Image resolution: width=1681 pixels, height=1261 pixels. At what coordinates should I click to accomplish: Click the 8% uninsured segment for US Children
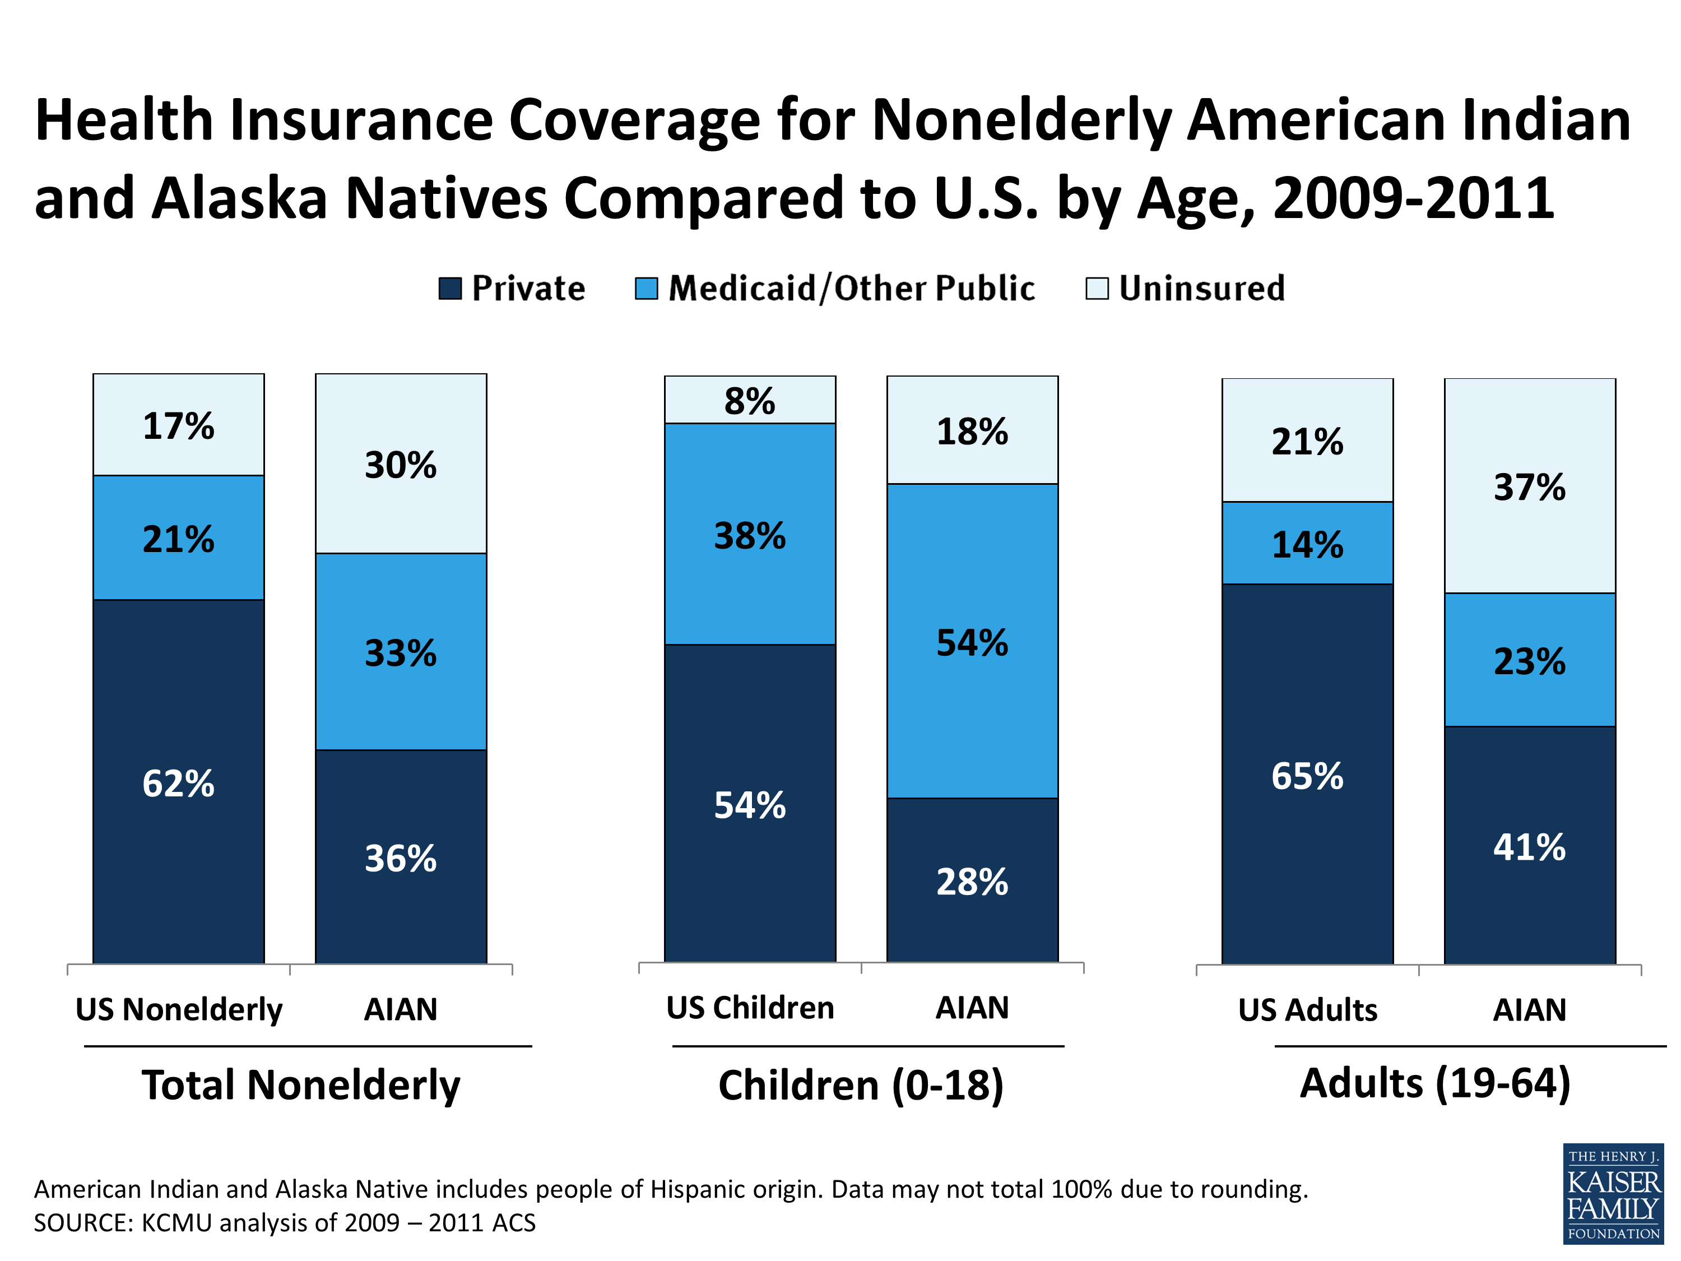749,401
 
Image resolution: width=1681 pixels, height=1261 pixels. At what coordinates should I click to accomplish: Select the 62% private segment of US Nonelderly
179,783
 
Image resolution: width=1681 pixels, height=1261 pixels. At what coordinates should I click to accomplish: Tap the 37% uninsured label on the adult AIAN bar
1529,487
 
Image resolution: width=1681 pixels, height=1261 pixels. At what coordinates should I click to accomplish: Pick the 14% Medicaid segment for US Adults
1307,544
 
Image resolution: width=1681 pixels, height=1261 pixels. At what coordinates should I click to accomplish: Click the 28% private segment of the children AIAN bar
972,882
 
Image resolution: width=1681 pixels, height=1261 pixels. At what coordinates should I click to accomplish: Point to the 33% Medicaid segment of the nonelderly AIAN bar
401,653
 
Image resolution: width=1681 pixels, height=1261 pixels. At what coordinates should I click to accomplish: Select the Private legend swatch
450,289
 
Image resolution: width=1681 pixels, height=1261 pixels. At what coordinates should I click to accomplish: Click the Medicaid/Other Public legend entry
851,289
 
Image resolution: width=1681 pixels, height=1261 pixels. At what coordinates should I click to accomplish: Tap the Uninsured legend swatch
1097,289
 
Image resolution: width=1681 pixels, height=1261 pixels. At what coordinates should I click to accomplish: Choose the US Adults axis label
1307,1010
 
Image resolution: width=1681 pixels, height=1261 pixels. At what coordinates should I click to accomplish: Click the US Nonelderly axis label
179,1010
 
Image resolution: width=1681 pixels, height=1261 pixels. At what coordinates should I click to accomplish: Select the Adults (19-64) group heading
1435,1083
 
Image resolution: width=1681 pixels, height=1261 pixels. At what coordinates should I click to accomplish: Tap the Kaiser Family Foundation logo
1613,1193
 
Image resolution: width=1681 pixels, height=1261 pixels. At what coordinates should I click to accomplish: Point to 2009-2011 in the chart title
1414,198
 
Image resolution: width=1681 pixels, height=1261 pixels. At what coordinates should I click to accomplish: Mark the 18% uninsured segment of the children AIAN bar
972,431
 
